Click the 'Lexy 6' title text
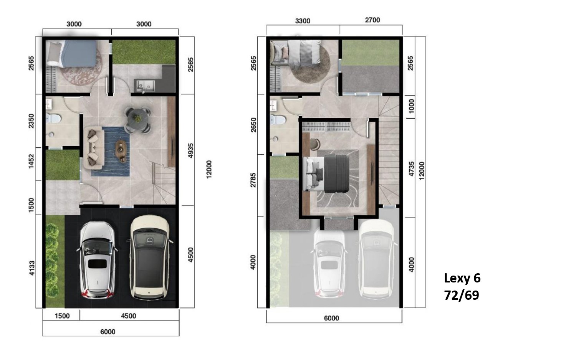[x=462, y=278]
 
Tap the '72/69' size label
[x=462, y=295]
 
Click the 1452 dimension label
[x=31, y=161]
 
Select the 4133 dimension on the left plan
[x=31, y=268]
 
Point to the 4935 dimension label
[x=190, y=150]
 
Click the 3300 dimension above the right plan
[x=303, y=21]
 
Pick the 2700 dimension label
[x=372, y=20]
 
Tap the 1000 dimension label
[x=411, y=106]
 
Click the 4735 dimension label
[x=411, y=169]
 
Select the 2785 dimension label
[x=253, y=180]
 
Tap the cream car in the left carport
[x=150, y=258]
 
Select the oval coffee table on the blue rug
[x=121, y=150]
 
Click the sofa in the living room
[x=94, y=147]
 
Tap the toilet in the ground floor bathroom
[x=53, y=119]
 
